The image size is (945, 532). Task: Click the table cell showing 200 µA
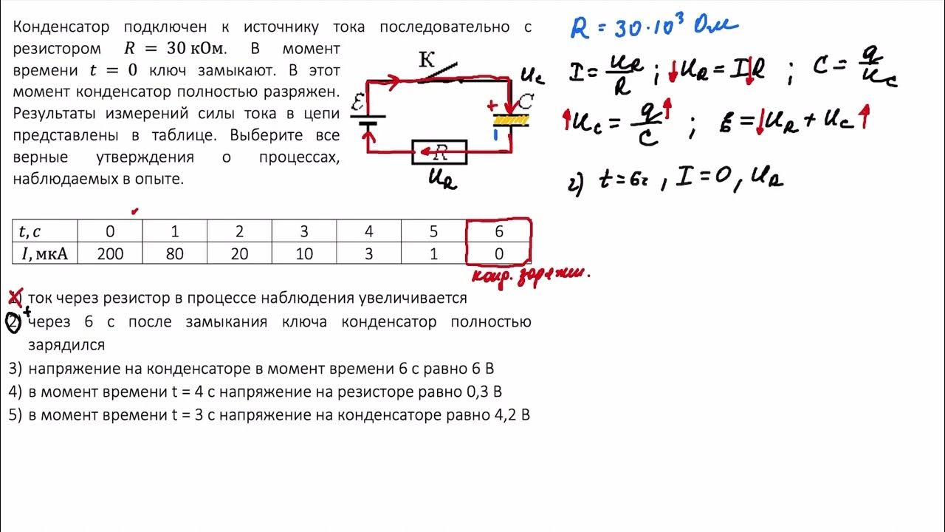110,254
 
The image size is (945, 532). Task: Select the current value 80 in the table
175,254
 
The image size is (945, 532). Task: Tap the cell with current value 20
239,254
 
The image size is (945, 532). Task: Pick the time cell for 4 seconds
369,231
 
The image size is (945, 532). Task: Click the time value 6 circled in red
499,231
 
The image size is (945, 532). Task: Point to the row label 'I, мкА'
44,254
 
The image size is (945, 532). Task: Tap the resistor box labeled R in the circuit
440,153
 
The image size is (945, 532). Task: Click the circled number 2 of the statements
14,323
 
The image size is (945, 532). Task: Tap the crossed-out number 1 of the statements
14,298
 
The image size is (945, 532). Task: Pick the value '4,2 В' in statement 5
512,415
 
